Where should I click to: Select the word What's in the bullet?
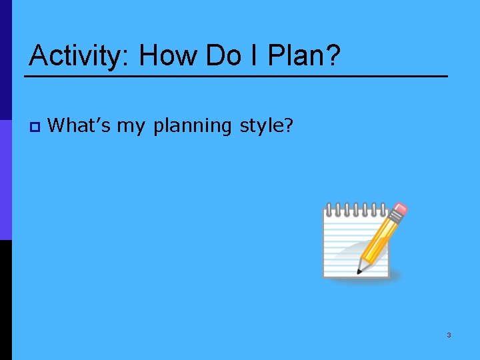pos(80,125)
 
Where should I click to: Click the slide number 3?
pos(449,335)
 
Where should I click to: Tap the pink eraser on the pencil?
pos(401,211)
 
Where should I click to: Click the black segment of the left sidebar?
pos(6,300)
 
